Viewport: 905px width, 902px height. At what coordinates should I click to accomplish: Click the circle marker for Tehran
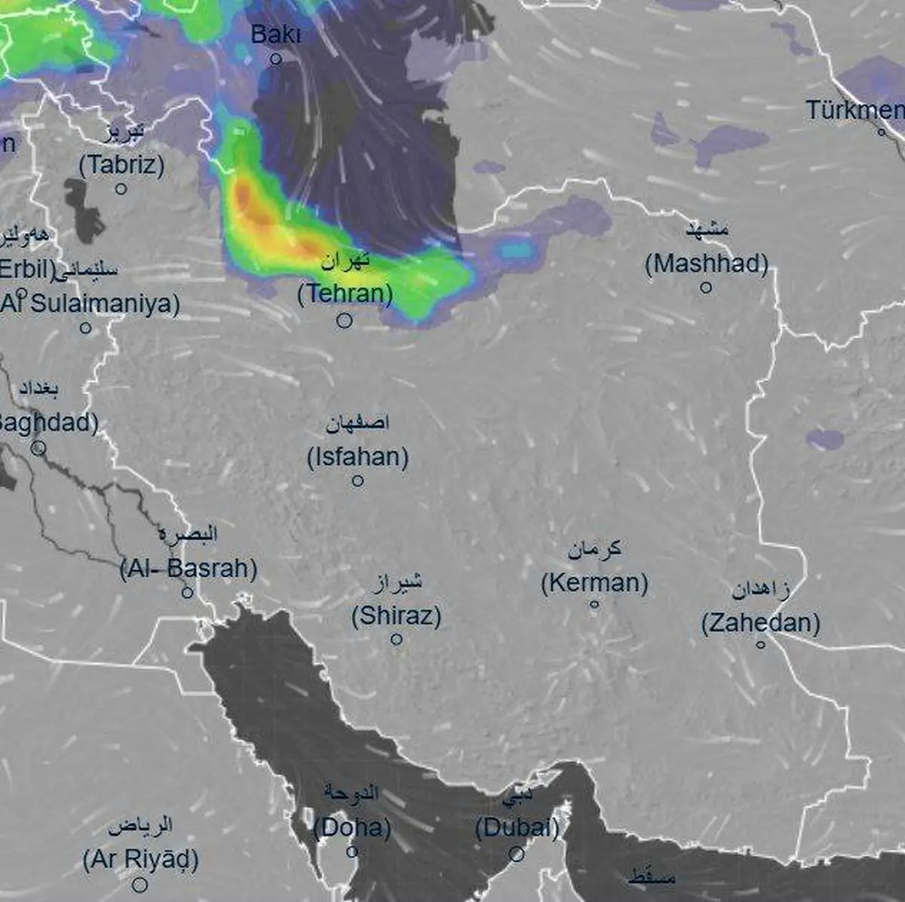(344, 321)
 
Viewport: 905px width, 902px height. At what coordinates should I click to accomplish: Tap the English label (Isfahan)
(357, 457)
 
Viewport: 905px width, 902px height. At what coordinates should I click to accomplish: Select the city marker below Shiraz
(396, 640)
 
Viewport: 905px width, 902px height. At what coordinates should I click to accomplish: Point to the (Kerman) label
(594, 583)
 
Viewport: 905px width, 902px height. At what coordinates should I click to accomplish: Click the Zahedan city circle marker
(760, 644)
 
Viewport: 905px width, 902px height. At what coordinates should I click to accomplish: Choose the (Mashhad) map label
(707, 264)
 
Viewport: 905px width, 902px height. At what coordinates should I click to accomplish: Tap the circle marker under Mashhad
(706, 287)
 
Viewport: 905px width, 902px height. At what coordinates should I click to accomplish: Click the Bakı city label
(275, 35)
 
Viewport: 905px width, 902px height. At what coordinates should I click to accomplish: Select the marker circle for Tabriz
(121, 189)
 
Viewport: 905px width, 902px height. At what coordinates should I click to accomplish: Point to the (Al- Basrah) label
(189, 569)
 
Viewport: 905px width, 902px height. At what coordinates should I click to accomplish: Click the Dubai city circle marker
(517, 854)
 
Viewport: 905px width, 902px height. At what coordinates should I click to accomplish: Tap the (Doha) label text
(352, 828)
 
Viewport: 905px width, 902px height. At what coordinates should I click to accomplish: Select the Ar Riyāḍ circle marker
(140, 885)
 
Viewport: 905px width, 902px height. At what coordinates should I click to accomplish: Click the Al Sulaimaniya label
(90, 304)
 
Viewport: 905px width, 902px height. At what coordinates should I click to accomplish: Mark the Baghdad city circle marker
(38, 449)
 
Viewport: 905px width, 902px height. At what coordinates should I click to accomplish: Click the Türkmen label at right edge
(854, 110)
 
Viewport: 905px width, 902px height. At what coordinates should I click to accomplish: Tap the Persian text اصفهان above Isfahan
(357, 423)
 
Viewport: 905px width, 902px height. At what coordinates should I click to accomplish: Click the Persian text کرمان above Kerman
(594, 549)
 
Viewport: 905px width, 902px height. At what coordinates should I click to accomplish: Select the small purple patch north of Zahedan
(824, 439)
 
